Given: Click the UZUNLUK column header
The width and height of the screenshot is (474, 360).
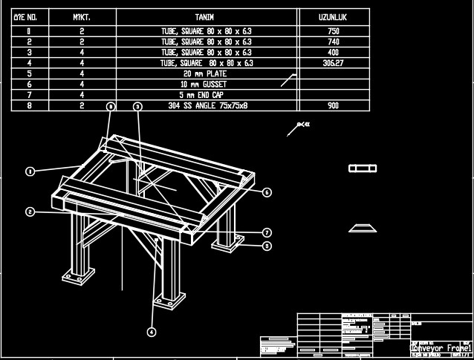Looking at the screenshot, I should [333, 16].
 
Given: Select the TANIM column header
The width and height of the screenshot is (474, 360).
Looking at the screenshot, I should [205, 16].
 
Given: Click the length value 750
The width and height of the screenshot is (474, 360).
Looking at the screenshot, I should [333, 32].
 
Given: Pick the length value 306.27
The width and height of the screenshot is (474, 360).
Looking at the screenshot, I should [333, 64].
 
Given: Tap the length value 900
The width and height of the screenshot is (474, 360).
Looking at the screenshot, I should [333, 106].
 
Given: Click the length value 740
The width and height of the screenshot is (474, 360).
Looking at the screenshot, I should [333, 42].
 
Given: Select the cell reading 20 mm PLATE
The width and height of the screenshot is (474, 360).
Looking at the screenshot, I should [205, 74].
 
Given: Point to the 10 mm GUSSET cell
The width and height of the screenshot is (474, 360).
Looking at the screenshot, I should [205, 85].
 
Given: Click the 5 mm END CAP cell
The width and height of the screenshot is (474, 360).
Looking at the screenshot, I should [205, 95].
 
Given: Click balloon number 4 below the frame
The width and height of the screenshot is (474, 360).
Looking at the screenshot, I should [152, 332].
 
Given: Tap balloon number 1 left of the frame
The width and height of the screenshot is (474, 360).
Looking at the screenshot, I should [30, 171].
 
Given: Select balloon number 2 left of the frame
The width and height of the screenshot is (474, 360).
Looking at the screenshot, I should [30, 212].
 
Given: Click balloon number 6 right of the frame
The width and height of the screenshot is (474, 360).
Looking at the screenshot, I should [267, 192].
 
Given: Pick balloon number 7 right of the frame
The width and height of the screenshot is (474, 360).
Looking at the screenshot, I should [267, 232].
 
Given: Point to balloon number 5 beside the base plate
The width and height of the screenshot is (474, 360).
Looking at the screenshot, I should [267, 246].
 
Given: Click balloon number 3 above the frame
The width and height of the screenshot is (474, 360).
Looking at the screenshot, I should [137, 107].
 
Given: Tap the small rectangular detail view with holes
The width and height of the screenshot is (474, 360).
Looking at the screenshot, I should [364, 169].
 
